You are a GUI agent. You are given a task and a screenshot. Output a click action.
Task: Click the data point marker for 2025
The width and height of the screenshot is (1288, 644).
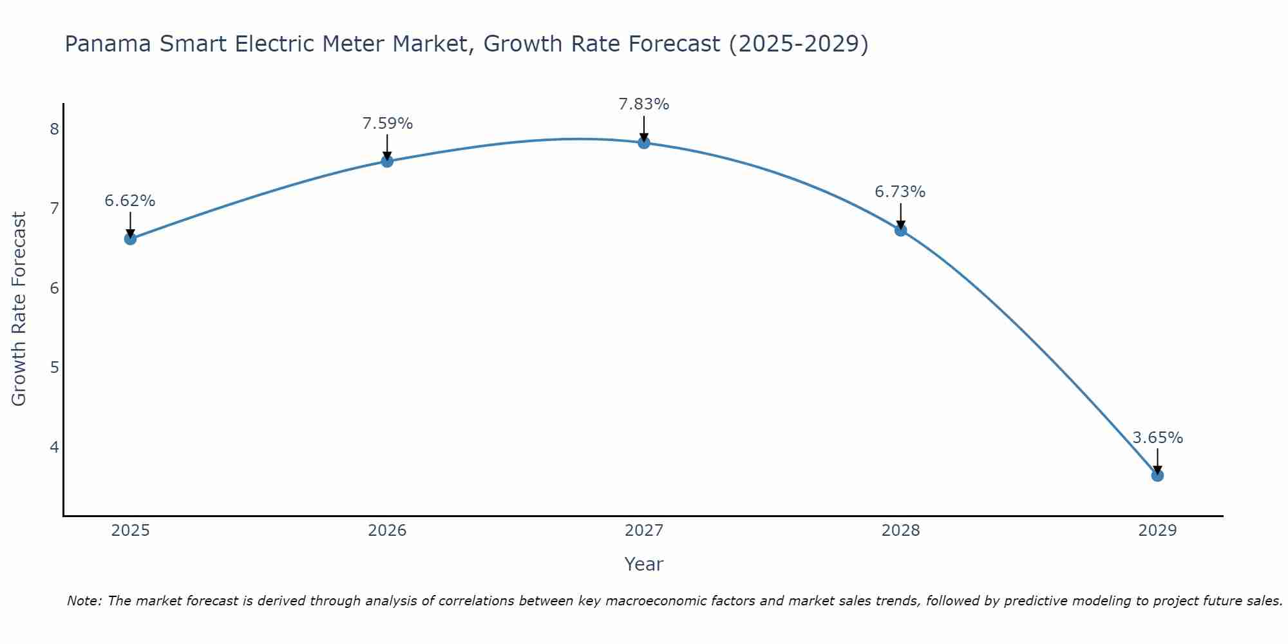pos(130,239)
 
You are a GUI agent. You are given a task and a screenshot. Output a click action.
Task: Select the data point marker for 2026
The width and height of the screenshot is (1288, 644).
pos(387,161)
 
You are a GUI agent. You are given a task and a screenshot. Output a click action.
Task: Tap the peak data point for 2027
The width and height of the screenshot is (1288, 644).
pos(644,142)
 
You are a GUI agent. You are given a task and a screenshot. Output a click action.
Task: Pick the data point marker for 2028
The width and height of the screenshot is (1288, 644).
pos(900,230)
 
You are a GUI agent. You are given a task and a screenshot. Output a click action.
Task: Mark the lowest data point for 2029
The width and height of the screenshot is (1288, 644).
pos(1157,475)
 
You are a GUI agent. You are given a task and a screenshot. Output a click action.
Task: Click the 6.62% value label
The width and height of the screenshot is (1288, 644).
pos(130,201)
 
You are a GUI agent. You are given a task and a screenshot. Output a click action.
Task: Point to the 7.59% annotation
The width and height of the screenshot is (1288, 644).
pos(387,124)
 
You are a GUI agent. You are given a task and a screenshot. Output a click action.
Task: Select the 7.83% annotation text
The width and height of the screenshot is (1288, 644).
pos(644,104)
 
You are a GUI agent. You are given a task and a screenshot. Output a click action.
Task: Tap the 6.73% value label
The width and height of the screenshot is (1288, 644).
pos(900,192)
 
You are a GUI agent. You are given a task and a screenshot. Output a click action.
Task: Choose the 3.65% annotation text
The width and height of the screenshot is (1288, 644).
pos(1157,438)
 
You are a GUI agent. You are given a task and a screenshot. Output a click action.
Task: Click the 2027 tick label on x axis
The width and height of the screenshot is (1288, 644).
pos(644,531)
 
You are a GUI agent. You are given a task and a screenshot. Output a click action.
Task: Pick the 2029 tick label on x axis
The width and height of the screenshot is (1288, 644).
pos(1157,531)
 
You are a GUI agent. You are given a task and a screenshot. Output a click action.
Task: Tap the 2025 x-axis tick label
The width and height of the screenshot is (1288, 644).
pos(130,531)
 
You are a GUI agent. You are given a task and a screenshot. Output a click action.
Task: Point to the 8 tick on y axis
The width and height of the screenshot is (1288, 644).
pos(54,129)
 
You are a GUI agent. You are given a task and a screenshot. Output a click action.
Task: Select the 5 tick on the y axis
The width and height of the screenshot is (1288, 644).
pos(54,368)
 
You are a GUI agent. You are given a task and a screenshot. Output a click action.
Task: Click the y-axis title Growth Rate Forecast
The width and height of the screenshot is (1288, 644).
pos(19,309)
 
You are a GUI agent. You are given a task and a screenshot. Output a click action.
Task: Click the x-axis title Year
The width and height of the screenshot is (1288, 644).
pos(644,565)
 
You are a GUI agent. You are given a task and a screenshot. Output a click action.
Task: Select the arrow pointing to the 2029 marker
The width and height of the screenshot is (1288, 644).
pos(1157,460)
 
